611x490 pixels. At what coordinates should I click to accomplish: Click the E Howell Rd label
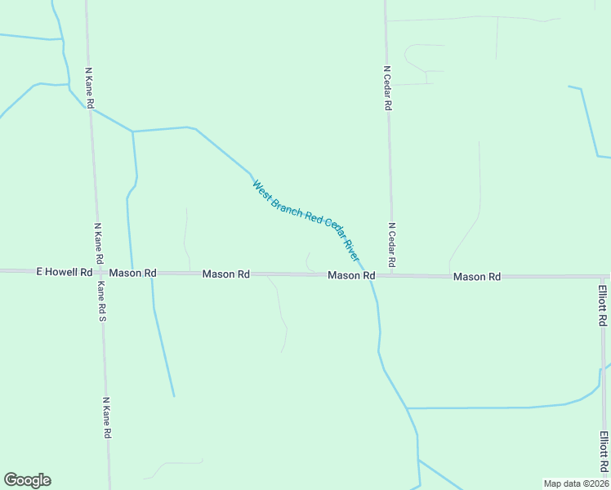[64, 271]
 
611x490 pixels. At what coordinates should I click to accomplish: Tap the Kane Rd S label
[102, 301]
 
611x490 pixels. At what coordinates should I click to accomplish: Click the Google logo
[27, 480]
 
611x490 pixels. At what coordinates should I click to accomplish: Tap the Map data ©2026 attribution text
[576, 483]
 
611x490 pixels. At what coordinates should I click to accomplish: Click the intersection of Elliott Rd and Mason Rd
[602, 277]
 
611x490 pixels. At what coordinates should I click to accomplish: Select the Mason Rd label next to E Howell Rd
[132, 273]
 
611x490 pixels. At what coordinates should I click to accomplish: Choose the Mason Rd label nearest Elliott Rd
[476, 277]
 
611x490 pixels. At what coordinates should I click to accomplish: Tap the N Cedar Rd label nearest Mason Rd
[391, 245]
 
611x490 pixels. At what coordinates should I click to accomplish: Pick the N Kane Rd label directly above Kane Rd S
[98, 243]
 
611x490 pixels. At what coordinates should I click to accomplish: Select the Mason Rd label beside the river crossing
[351, 276]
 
